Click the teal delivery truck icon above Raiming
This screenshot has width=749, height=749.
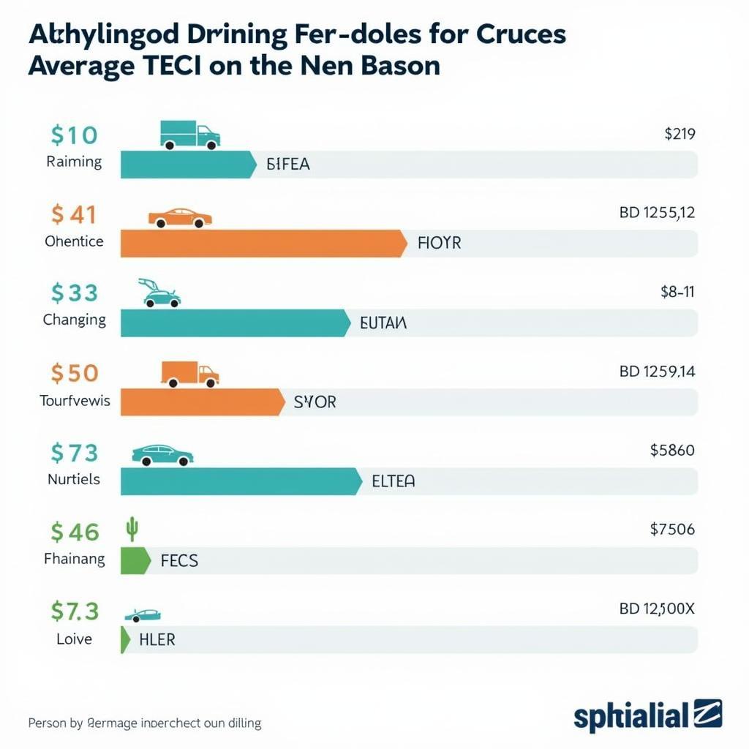tap(189, 135)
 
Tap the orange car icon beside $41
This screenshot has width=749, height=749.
tap(180, 217)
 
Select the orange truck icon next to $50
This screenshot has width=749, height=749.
tap(189, 374)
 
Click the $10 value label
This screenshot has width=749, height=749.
tap(74, 135)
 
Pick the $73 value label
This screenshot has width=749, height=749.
tap(74, 453)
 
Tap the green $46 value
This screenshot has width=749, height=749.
tap(75, 532)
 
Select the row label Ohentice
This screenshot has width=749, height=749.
tap(74, 241)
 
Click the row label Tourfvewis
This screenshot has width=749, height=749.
tap(75, 400)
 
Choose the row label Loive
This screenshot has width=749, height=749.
tap(74, 639)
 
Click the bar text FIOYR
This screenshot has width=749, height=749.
tap(439, 243)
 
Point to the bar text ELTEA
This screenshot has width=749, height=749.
tap(393, 481)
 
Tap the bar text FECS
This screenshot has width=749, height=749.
tap(178, 561)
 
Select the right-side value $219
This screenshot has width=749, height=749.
tap(679, 134)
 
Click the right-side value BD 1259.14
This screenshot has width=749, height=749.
tap(657, 372)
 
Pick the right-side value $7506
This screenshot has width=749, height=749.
tap(671, 529)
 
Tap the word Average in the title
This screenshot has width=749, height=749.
tap(80, 66)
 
